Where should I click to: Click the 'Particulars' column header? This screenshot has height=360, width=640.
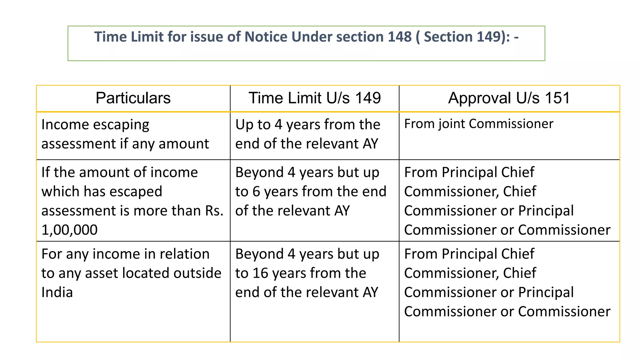coord(133,98)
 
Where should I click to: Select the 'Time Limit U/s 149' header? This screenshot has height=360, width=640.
coord(314,98)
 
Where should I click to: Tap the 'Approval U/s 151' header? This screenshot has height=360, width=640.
coord(509,98)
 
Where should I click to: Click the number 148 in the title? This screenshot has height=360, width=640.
coord(399,37)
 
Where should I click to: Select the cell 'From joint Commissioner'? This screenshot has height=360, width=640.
coord(478,124)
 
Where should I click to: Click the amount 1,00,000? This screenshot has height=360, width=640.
coord(69,230)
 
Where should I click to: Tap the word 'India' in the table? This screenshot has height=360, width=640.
coord(57,292)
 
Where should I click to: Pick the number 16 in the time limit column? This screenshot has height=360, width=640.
coord(261,273)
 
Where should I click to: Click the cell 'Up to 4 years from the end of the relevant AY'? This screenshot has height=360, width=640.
coord(307,134)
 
